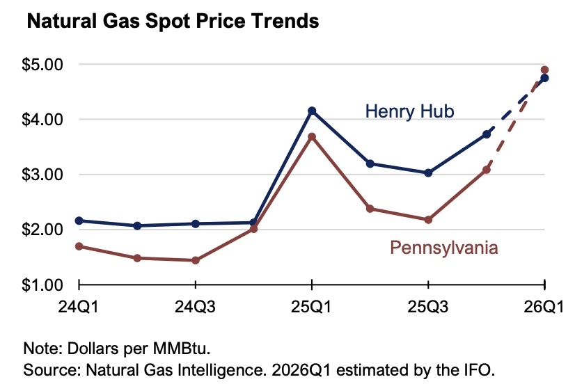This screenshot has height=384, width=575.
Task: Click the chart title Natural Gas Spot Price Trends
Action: coord(172,22)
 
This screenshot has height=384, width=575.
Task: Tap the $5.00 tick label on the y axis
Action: coord(43,64)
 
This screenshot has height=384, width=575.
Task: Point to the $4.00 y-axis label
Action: coord(43,120)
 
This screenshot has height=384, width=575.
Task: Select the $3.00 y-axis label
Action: coord(43,175)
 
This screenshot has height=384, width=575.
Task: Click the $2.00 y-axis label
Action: coord(43,230)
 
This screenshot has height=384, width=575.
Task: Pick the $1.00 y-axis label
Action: coord(43,285)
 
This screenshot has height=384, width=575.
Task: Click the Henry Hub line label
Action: coord(409,111)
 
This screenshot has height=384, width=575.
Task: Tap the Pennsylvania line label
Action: coord(444,247)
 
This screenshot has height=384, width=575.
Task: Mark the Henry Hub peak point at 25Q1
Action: coord(312,111)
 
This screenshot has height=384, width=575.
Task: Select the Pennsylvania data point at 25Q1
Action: coord(312,136)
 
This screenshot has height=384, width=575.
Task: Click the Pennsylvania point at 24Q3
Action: coord(196,260)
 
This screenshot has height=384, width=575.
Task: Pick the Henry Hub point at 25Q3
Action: coord(428,173)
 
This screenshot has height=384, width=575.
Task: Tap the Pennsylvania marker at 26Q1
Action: coord(545,70)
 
